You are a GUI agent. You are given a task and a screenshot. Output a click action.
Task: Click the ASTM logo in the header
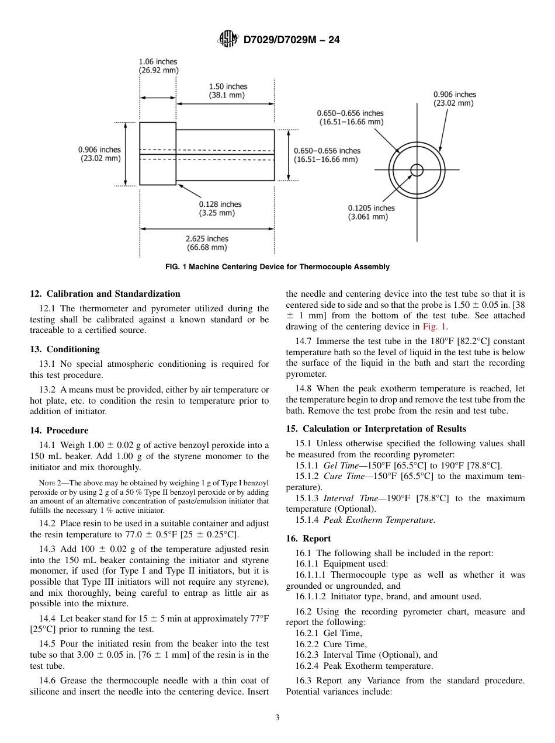pyautogui.click(x=227, y=39)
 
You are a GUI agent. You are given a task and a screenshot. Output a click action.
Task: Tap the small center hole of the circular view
pyautogui.click(x=417, y=170)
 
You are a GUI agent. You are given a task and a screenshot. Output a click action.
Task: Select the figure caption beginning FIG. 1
pyautogui.click(x=277, y=267)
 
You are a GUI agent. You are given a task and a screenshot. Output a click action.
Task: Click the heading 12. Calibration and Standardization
pyautogui.click(x=105, y=294)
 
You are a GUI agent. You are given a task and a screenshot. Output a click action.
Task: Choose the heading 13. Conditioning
pyautogui.click(x=65, y=349)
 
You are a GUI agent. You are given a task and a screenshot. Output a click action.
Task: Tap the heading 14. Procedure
pyautogui.click(x=59, y=430)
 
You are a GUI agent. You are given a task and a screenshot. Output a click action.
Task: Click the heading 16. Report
pyautogui.click(x=308, y=539)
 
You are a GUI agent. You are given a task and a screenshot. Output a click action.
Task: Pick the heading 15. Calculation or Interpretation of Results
pyautogui.click(x=376, y=429)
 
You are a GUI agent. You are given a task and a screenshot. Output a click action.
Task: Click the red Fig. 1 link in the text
pyautogui.click(x=435, y=327)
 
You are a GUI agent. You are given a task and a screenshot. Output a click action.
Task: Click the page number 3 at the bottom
pyautogui.click(x=277, y=718)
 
